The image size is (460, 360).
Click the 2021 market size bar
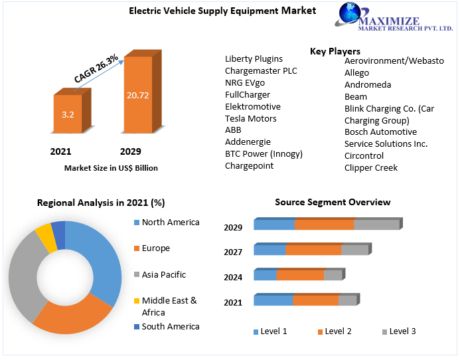click(x=68, y=115)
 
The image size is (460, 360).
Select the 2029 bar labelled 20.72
click(x=138, y=95)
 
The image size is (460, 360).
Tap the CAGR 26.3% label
click(x=96, y=69)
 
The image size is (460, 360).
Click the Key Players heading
click(x=335, y=51)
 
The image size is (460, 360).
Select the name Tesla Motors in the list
click(x=251, y=118)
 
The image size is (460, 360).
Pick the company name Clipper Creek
click(x=371, y=167)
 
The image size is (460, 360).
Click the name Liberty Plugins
click(x=254, y=58)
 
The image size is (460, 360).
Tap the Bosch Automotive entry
click(x=380, y=132)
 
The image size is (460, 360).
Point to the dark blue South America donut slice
click(x=58, y=230)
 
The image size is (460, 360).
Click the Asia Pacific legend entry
click(x=163, y=274)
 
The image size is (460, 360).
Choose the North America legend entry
click(x=170, y=223)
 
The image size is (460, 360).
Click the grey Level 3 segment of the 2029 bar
click(x=376, y=225)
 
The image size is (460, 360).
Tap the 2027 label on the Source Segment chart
click(x=233, y=252)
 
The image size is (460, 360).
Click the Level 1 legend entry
click(x=270, y=331)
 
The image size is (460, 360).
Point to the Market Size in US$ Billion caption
click(x=111, y=168)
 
